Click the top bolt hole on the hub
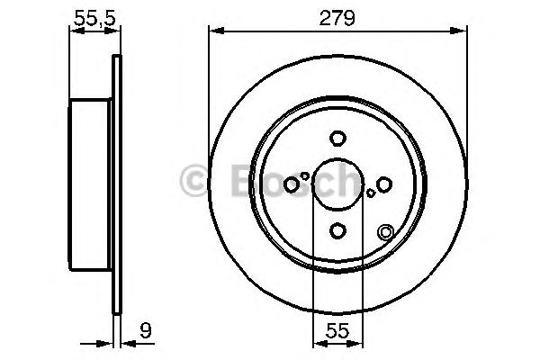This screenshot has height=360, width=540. (337, 139)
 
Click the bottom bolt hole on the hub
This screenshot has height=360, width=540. (337, 231)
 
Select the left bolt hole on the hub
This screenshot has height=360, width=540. (291, 184)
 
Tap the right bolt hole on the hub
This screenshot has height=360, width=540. (384, 184)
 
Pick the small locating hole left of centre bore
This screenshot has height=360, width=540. (305, 176)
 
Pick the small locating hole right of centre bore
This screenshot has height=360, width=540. (370, 193)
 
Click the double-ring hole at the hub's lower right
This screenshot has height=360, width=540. (386, 232)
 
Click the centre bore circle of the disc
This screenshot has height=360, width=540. (337, 184)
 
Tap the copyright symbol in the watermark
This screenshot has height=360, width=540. (193, 181)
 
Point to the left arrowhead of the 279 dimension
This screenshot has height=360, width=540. (214, 31)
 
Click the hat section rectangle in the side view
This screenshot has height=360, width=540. (91, 184)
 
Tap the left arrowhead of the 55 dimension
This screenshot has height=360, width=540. (317, 342)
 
